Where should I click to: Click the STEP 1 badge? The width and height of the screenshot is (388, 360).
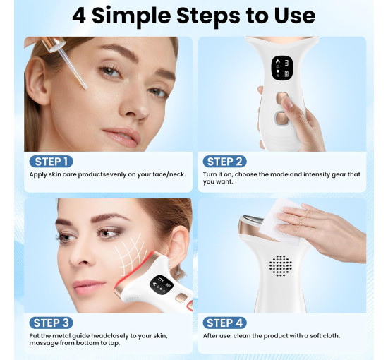tap(51, 162)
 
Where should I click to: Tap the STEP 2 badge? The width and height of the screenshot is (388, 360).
tap(224, 162)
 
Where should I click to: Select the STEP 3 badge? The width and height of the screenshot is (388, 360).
tap(51, 323)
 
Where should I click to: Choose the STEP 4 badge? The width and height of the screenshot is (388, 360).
tap(224, 323)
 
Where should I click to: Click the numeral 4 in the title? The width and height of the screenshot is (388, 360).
tap(79, 16)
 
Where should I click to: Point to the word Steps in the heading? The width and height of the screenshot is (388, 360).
tap(208, 16)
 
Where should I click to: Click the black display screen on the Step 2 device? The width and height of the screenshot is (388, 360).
tap(282, 68)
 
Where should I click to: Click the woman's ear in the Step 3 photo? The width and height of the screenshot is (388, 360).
tap(178, 248)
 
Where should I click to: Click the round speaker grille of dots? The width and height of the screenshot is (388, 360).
tap(280, 266)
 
